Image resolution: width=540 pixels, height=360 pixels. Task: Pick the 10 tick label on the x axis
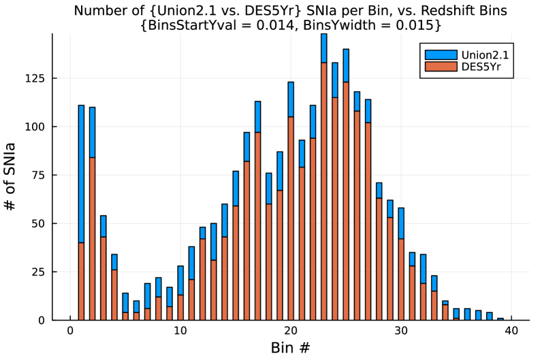coord(180,331)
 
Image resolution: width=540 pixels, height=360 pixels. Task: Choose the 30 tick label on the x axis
coord(401,331)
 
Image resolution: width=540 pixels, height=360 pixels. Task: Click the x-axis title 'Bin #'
coord(291,348)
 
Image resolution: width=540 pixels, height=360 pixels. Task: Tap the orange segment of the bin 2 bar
coord(92,238)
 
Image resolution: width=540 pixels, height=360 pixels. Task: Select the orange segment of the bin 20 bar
coord(291,218)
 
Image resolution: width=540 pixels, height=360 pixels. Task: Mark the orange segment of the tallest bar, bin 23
coord(324,191)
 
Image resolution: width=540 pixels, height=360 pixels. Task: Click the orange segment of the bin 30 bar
coord(401,279)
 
